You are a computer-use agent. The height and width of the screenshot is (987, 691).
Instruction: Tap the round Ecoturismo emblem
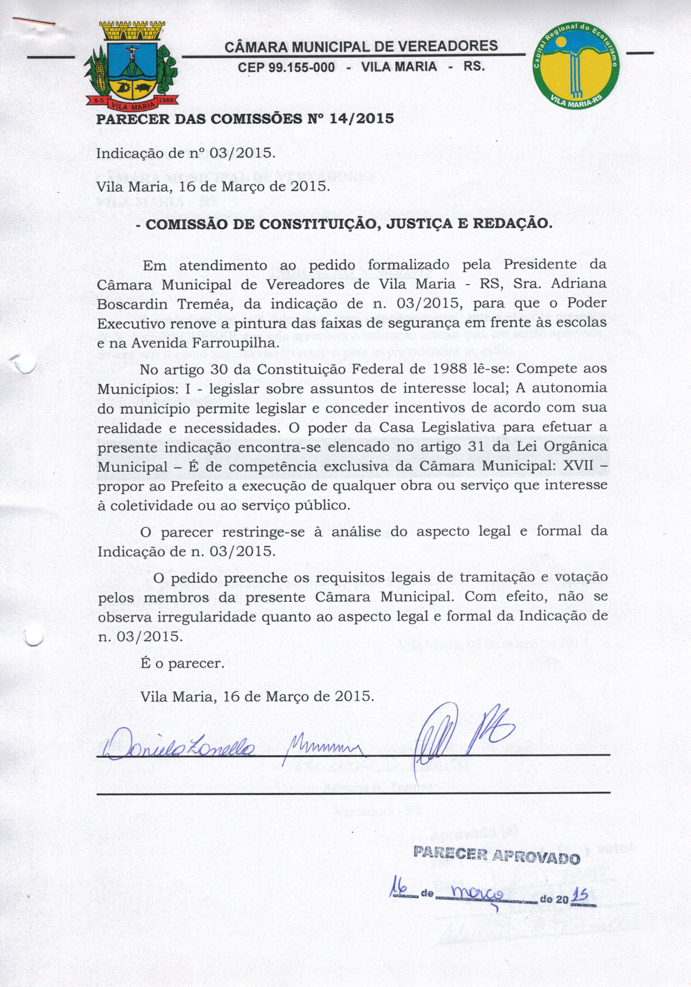575,65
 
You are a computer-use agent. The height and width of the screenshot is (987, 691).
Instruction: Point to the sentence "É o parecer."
182,663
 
